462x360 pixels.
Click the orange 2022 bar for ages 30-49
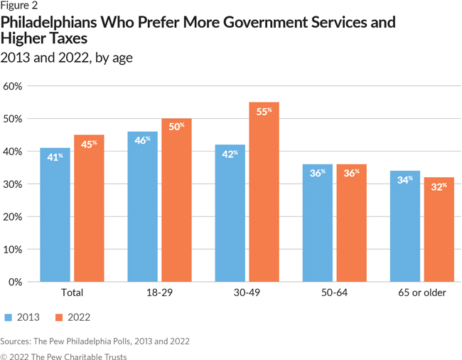tap(264, 192)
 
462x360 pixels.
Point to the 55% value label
tap(264, 112)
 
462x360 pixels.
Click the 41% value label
tap(55, 157)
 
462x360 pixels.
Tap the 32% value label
tap(439, 186)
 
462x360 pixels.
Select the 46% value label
tap(143, 141)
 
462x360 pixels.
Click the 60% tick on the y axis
tap(14, 86)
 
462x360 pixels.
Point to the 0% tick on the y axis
tap(16, 282)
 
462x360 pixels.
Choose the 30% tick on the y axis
tap(14, 184)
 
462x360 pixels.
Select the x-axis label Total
tap(72, 292)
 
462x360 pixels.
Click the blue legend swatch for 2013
tap(8, 317)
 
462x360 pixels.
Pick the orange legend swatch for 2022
tap(59, 317)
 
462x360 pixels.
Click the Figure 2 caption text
tap(19, 6)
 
